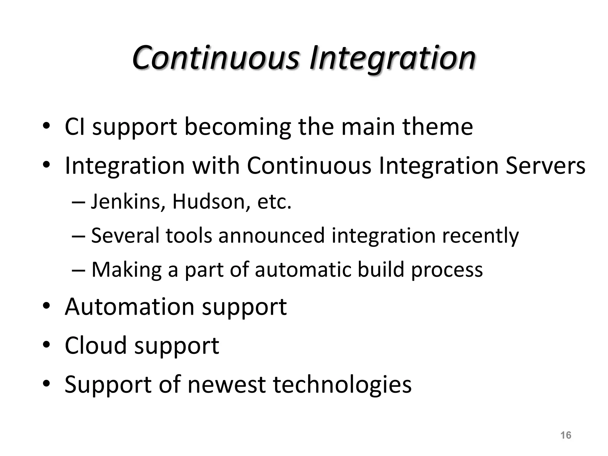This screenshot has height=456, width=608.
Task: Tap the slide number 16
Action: pyautogui.click(x=566, y=435)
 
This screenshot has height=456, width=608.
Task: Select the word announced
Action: pyautogui.click(x=271, y=235)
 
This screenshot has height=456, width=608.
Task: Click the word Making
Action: pyautogui.click(x=126, y=270)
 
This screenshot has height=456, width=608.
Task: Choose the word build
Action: pyautogui.click(x=381, y=269)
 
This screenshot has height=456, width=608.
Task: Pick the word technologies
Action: pyautogui.click(x=342, y=385)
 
